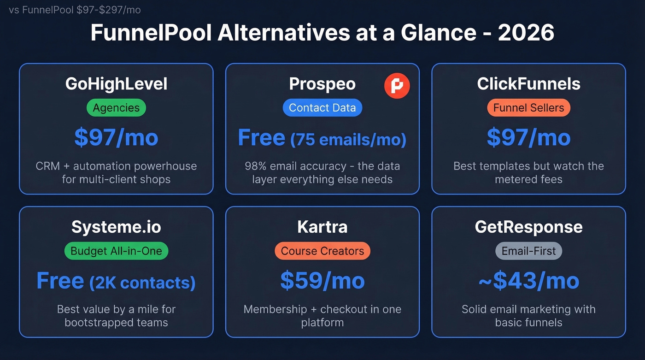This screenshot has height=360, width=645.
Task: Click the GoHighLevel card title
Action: point(116,84)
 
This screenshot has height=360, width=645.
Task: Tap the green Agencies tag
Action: point(116,108)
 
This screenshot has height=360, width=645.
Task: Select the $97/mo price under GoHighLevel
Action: point(116,138)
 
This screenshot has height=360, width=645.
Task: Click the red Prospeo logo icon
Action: point(397,86)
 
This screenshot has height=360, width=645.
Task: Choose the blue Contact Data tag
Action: point(322,108)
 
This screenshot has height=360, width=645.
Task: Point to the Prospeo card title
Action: point(322,84)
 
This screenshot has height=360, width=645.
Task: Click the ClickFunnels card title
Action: point(528,84)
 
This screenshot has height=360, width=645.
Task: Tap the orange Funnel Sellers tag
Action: point(528,108)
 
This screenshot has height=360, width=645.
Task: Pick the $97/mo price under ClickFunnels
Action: point(528,138)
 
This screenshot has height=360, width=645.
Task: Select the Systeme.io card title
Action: point(116,227)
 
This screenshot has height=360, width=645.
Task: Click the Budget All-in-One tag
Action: point(116,251)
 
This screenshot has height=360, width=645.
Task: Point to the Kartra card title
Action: point(322,227)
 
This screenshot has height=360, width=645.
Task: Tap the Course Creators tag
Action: point(322,251)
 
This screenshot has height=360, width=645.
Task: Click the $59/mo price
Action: point(322,281)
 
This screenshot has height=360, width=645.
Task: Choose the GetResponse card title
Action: point(528,227)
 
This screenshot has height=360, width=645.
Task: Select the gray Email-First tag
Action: point(528,251)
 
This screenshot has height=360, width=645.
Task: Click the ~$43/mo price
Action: point(528,281)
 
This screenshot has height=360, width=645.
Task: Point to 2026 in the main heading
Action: point(526,33)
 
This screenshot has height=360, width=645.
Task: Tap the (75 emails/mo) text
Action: point(348,139)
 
